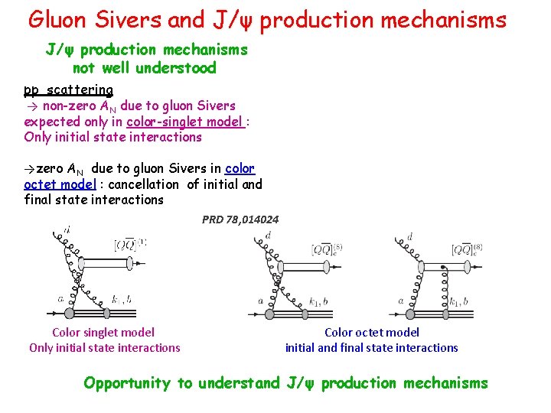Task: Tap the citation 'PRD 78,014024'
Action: [240, 220]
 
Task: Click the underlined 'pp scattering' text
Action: [68, 89]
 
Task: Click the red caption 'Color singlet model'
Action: [103, 332]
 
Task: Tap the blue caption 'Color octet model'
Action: [372, 332]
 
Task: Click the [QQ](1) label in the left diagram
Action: [130, 245]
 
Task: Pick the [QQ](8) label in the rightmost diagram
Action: [468, 249]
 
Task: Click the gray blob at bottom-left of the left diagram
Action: [69, 313]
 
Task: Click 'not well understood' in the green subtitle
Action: [145, 68]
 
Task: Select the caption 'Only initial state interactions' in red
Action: [105, 347]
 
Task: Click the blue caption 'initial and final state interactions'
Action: [372, 347]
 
